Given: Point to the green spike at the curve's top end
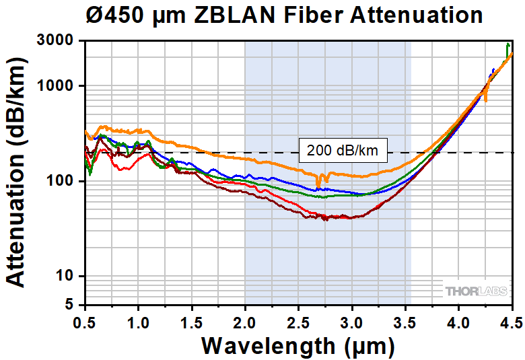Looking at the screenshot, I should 508,46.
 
